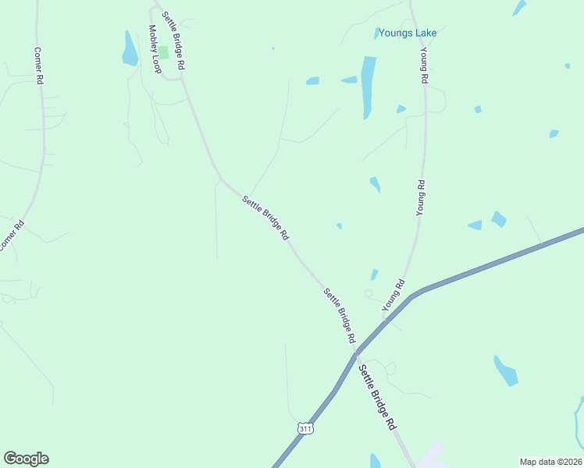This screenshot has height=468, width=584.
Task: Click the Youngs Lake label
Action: [x=408, y=34]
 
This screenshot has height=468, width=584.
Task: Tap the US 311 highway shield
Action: [x=306, y=428]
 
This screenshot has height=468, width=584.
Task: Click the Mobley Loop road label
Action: [x=155, y=49]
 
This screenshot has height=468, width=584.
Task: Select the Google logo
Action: [x=26, y=459]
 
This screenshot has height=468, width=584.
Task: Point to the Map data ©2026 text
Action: [x=550, y=462]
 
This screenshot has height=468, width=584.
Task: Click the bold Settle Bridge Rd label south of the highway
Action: [x=378, y=399]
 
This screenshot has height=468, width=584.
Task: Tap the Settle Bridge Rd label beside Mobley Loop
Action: [x=173, y=41]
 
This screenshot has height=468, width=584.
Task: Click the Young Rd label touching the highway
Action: [x=393, y=296]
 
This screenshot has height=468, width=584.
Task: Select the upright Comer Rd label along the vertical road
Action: [x=37, y=64]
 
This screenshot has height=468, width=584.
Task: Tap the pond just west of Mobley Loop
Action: [x=130, y=49]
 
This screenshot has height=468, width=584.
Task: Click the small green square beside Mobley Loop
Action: [x=164, y=52]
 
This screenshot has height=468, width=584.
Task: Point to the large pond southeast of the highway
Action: [x=505, y=370]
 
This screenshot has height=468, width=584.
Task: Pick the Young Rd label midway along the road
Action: [x=420, y=197]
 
